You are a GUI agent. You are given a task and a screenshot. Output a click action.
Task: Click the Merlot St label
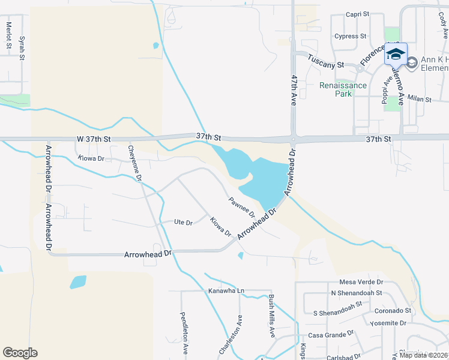coord(9,35)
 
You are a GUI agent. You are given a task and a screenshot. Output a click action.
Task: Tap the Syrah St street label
coord(22,48)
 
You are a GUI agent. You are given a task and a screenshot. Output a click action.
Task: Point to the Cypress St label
coord(351,36)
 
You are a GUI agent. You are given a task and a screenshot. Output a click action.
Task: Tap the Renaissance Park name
coord(343,89)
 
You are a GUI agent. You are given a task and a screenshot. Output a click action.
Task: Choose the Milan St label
coord(420,98)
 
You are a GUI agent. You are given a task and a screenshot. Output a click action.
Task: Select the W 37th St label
coord(94,139)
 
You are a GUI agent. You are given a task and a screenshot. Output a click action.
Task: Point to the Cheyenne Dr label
coord(135,163)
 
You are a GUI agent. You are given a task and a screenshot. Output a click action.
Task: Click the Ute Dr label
coord(182,223)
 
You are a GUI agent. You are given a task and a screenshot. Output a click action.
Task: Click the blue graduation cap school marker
coord(396,54)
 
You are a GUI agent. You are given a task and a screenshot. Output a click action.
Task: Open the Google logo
coord(20,353)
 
